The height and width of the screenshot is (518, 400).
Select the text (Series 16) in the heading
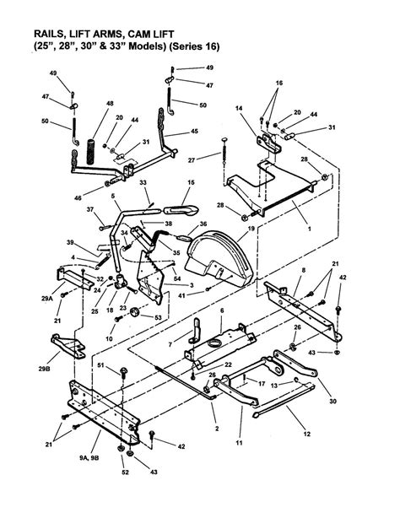(194, 46)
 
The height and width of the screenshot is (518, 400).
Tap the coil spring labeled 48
(90, 152)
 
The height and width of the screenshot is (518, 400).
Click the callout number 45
(194, 131)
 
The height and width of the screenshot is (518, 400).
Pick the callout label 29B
(44, 369)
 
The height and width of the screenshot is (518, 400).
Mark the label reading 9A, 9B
(89, 458)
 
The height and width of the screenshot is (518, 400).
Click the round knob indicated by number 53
(135, 312)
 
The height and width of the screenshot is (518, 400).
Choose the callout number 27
(192, 160)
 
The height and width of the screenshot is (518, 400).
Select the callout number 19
(251, 229)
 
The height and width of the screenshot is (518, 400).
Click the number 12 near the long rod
(307, 434)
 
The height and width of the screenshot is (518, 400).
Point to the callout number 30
(332, 401)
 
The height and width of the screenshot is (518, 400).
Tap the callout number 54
(177, 278)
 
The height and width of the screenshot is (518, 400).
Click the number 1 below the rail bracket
(309, 229)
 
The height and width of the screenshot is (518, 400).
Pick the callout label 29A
(47, 299)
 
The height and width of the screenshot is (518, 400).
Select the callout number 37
(90, 209)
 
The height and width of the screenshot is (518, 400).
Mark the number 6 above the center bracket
(222, 310)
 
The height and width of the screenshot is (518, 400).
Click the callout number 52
(125, 472)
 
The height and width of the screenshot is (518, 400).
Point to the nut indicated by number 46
(107, 183)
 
